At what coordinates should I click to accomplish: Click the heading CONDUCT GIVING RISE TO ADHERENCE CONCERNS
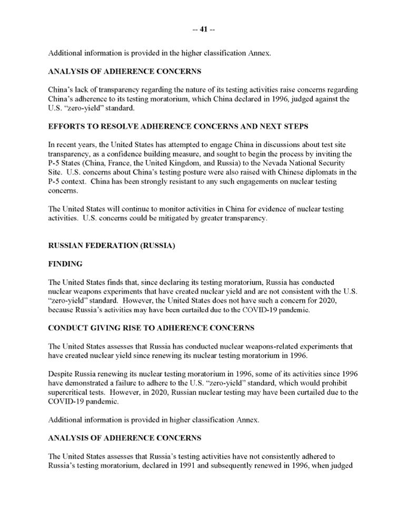tap(151, 328)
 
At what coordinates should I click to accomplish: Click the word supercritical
tap(70, 392)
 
